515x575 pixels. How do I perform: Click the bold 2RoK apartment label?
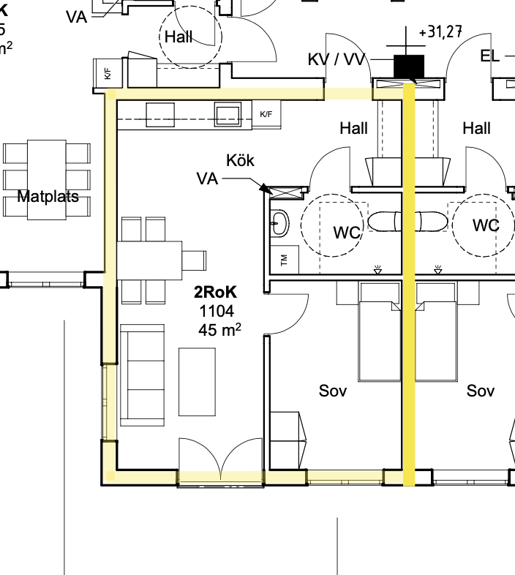pyautogui.click(x=215, y=293)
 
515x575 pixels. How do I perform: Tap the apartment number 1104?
pyautogui.click(x=217, y=312)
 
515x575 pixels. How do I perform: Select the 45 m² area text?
pyautogui.click(x=219, y=330)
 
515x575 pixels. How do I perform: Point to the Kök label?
pyautogui.click(x=240, y=160)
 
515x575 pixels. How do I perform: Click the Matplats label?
pyautogui.click(x=48, y=197)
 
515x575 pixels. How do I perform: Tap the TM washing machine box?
pyautogui.click(x=285, y=260)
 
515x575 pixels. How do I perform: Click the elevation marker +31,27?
pyautogui.click(x=440, y=32)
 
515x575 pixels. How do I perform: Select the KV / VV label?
pyautogui.click(x=337, y=59)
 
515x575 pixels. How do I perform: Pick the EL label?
pyautogui.click(x=489, y=56)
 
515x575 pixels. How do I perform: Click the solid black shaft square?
pyautogui.click(x=409, y=67)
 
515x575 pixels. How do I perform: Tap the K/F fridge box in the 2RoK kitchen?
pyautogui.click(x=266, y=114)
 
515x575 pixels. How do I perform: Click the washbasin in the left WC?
pyautogui.click(x=279, y=223)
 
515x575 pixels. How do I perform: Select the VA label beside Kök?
pyautogui.click(x=207, y=179)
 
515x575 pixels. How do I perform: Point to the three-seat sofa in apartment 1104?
pyautogui.click(x=143, y=375)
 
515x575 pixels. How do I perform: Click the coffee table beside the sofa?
pyautogui.click(x=197, y=382)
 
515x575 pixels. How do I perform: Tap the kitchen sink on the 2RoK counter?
pyautogui.click(x=228, y=114)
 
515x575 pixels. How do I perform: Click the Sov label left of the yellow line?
pyautogui.click(x=333, y=391)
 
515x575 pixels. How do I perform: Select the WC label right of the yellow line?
pyautogui.click(x=486, y=225)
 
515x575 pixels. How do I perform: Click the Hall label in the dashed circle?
pyautogui.click(x=178, y=37)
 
